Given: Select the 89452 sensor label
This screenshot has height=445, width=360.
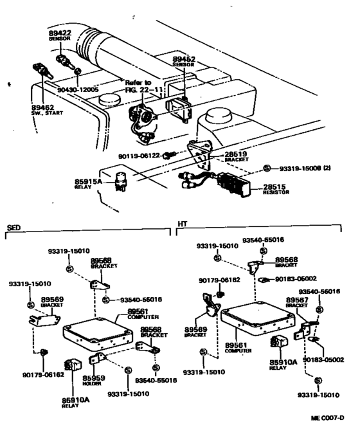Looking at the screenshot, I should [183, 60].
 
